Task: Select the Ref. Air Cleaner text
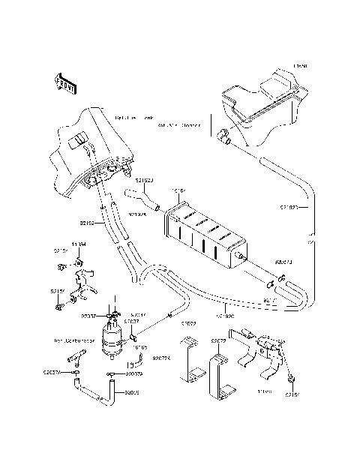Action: (x=180, y=126)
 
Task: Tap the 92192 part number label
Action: (x=88, y=223)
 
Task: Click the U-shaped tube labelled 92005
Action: (x=97, y=391)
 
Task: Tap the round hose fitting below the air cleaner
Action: (x=223, y=136)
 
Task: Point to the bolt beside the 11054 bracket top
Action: (x=61, y=265)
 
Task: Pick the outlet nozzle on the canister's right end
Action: (x=244, y=259)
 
